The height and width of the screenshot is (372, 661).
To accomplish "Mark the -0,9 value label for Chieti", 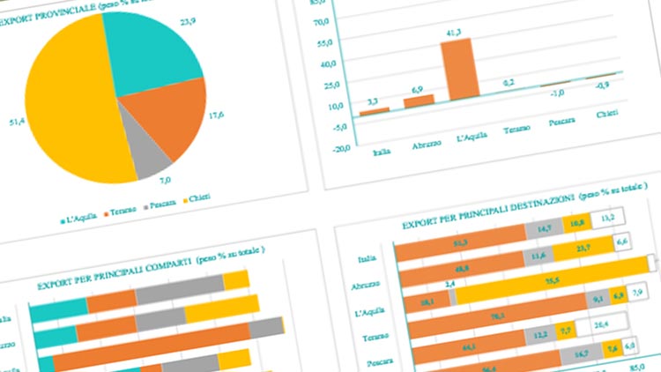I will (x=604, y=86).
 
